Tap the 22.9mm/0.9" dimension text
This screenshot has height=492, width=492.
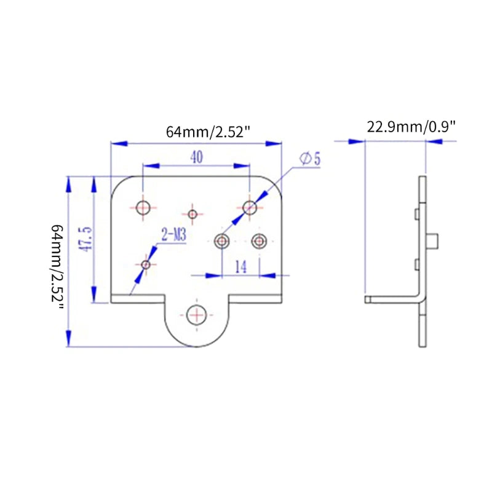pos(411,127)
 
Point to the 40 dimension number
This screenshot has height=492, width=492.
pos(196,157)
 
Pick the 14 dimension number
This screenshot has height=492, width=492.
pos(241,266)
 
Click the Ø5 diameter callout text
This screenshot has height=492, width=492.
pos(311,159)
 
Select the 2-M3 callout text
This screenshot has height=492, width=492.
pos(173,235)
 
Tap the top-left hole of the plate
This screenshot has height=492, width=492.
pos(143,207)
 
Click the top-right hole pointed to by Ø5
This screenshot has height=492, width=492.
pos(249,207)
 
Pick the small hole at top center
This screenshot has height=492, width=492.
pos(193,214)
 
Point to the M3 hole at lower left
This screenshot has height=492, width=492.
pos(146,264)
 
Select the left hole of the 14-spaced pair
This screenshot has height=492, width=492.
pos(222,240)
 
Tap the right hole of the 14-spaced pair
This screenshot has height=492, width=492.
pos(260,240)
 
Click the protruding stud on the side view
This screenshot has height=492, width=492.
pos(434,241)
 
